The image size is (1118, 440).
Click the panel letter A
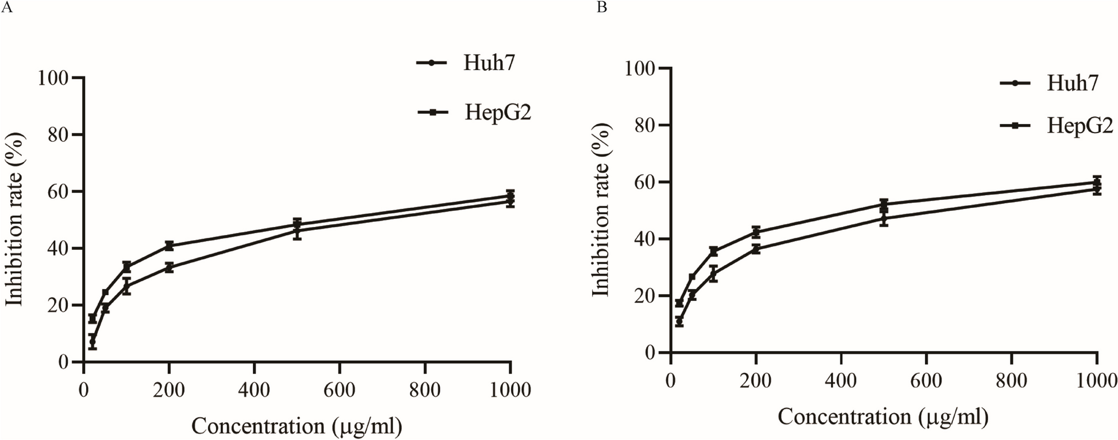point(6,7)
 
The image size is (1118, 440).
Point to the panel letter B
point(602,7)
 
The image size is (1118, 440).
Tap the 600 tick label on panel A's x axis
point(339,391)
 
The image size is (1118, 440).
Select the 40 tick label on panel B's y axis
point(647,239)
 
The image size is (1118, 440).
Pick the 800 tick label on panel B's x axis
point(1012,380)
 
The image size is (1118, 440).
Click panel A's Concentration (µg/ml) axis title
point(297,426)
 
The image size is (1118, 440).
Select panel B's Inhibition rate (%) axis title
point(601,210)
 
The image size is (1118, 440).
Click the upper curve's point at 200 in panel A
point(169,245)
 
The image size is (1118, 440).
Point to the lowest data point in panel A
point(92,342)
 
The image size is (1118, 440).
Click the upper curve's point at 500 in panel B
point(884,204)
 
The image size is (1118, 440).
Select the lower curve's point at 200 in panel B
point(756,249)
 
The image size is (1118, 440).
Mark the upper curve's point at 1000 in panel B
point(1097,182)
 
